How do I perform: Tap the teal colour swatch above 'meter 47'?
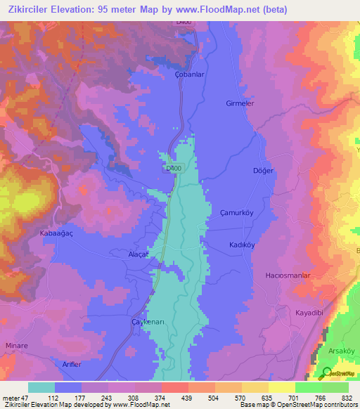point(41,387)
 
